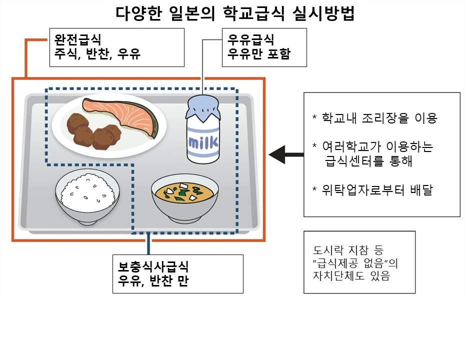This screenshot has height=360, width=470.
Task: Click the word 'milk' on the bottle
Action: point(203,144)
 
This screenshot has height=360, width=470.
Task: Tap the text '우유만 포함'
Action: point(258,54)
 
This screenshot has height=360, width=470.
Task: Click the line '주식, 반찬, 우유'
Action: point(98,54)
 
